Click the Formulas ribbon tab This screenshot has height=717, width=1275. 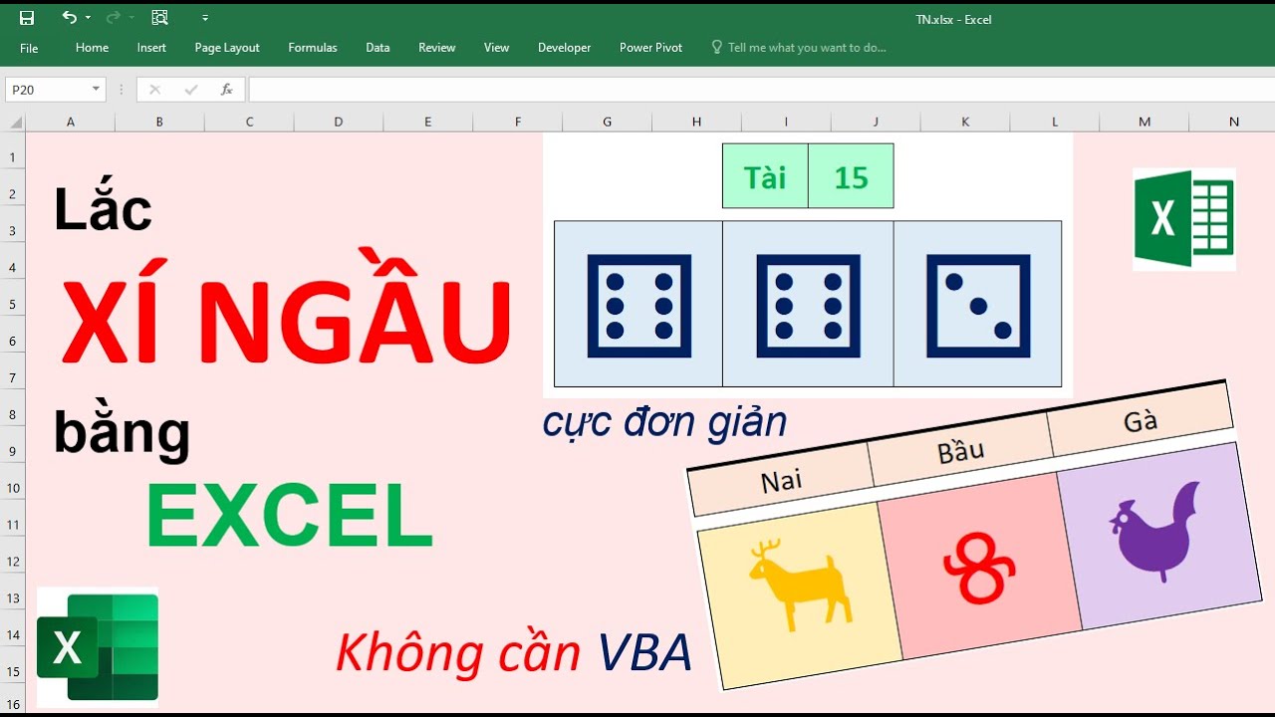(313, 48)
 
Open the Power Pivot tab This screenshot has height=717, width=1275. (650, 48)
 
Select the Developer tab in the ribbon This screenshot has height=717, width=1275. (564, 48)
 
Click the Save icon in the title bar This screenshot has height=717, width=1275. (27, 18)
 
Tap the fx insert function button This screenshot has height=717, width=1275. (226, 90)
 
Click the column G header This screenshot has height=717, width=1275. (607, 121)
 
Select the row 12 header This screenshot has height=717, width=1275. (12, 562)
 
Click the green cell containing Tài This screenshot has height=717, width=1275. (765, 177)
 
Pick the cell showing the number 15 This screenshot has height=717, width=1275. (851, 177)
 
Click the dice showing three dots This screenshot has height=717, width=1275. (978, 306)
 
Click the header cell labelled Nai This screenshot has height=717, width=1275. (782, 481)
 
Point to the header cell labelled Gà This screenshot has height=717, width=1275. (1140, 421)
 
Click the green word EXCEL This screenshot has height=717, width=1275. (290, 515)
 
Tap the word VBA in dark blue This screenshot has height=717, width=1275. (644, 654)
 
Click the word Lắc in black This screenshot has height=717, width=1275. (103, 210)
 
